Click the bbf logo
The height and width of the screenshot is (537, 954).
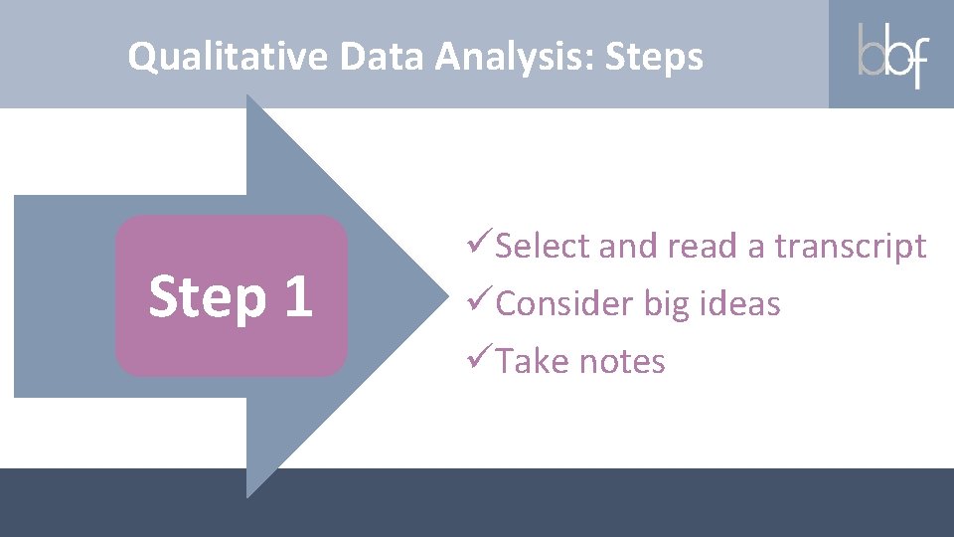(891, 55)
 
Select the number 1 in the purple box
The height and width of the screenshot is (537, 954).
(295, 296)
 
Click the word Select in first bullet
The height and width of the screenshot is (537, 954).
(544, 246)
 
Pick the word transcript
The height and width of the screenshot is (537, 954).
(850, 246)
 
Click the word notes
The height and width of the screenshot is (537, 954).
(622, 362)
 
